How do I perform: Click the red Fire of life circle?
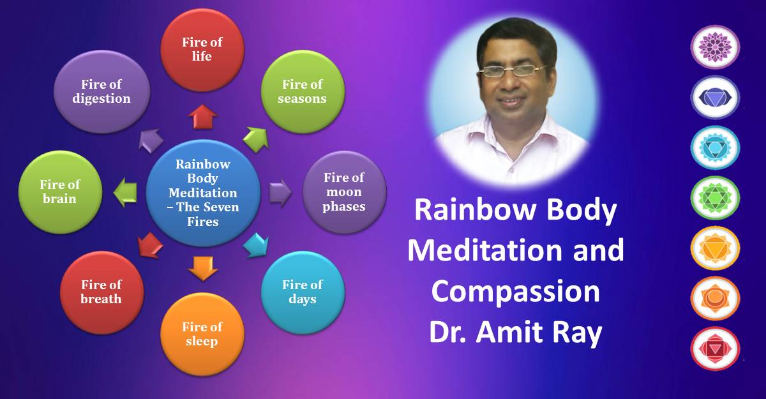202,50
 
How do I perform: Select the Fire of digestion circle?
101,92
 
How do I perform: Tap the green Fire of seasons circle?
303,92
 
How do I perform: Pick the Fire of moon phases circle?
344,192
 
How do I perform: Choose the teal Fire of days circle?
303,292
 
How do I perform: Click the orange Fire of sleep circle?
202,334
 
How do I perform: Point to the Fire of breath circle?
101,292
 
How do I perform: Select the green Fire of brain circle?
60,192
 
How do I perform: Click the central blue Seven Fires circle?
203,193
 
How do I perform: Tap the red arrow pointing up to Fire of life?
203,117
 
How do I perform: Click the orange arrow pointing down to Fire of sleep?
203,268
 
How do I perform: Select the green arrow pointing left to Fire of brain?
125,192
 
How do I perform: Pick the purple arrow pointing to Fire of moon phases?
280,193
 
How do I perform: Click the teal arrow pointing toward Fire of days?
257,246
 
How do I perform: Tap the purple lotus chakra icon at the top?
715,47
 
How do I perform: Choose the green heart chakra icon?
715,198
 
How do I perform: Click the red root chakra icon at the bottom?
715,349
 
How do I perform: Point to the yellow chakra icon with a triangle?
715,248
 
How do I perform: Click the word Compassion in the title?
515,291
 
